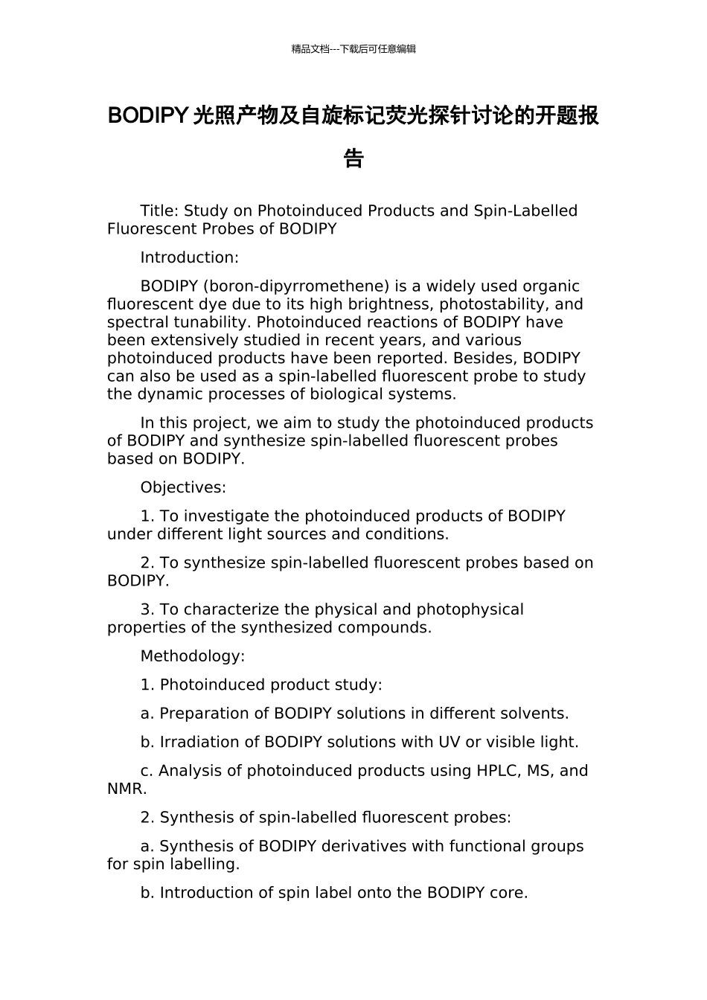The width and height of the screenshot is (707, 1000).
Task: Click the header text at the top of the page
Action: pos(353,49)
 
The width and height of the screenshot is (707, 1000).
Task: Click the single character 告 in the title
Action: pos(353,158)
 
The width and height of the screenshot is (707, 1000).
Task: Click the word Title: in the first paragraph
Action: pos(159,211)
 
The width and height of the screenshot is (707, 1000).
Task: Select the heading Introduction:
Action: pos(189,258)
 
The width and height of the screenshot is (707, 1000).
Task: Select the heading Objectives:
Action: pos(183,488)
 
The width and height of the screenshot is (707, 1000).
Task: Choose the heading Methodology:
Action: pos(192,656)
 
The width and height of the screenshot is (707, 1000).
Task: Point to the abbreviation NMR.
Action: pos(127,789)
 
